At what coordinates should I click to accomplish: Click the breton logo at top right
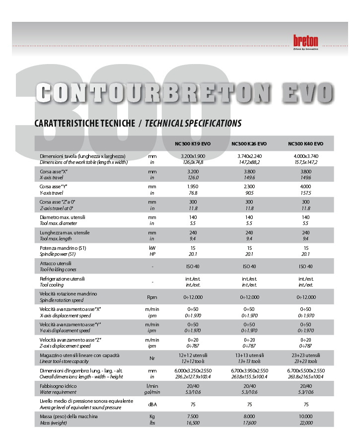pos(305,41)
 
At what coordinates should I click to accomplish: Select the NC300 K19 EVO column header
pos(193,144)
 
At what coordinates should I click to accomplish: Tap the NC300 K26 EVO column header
pos(249,144)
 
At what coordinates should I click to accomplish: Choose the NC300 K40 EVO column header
pos(305,144)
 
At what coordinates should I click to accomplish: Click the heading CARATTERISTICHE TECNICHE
pos(84,123)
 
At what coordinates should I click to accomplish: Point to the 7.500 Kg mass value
pos(193,416)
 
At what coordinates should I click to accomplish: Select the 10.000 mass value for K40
pos(306,416)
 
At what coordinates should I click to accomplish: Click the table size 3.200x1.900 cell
pos(193,156)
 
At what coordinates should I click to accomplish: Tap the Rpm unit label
pos(152,297)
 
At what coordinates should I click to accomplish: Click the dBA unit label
pos(152,404)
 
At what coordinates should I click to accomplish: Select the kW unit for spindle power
pos(152,248)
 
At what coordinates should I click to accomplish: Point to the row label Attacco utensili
pos(56,263)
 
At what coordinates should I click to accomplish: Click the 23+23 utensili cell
pos(306,355)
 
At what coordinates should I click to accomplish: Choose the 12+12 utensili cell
pos(193,355)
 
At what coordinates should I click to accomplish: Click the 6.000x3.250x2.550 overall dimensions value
pos(193,370)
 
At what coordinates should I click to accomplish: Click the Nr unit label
pos(152,358)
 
